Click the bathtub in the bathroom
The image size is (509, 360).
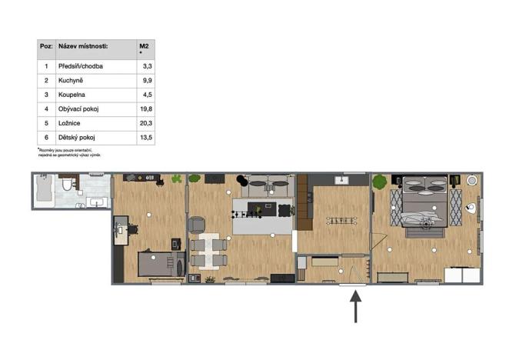(x=45, y=189)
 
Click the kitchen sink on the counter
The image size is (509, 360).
(x=342, y=180)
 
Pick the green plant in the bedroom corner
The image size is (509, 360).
(x=379, y=183)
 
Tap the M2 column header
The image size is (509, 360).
(x=143, y=47)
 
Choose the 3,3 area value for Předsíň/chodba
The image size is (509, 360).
(x=145, y=67)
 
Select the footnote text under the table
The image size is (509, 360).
(x=68, y=152)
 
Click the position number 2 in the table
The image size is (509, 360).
(x=46, y=81)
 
